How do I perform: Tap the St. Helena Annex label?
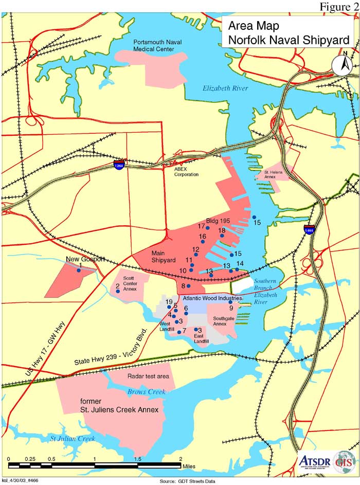pos(274,174)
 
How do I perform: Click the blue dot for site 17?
pos(208,228)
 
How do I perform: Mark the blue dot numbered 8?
pos(189,286)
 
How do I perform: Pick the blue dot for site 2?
pos(118,292)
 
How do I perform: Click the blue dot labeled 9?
pos(230,302)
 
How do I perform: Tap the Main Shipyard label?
pos(164,257)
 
